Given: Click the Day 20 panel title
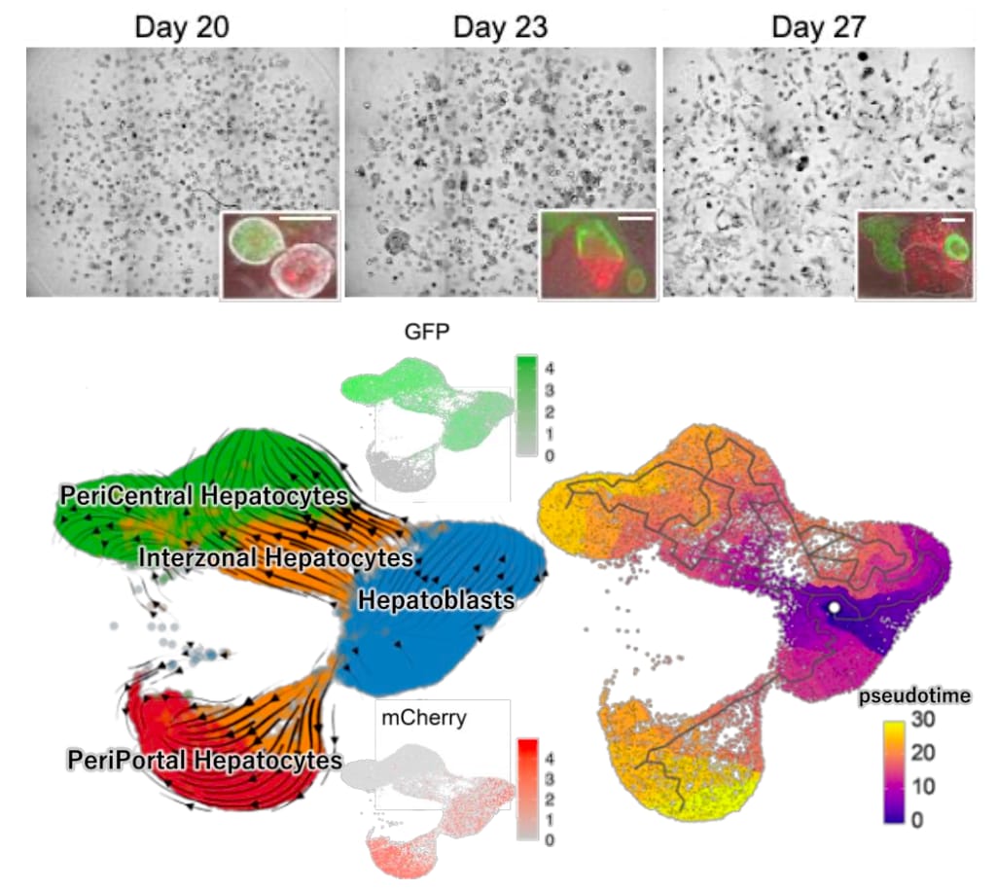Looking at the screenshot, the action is (182, 28).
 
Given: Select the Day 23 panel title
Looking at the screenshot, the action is (500, 28).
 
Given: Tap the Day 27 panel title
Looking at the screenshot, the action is (818, 28).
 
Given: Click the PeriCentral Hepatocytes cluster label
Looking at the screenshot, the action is (203, 496).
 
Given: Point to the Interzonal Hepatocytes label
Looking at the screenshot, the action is (275, 557).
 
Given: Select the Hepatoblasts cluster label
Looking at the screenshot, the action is (437, 600).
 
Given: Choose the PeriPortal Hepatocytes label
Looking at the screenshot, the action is (204, 761).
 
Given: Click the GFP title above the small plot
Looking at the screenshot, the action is (427, 332).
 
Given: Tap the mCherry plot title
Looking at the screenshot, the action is (424, 718).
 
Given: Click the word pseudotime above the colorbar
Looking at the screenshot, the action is (914, 696).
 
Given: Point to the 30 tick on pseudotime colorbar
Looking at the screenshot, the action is (923, 720).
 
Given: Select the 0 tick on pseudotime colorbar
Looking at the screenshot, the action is (916, 820).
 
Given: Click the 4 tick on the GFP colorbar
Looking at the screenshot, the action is (550, 369).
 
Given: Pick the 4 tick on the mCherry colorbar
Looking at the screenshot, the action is (550, 759).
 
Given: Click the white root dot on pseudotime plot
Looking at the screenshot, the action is (834, 608).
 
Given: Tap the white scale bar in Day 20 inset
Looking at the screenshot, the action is (304, 219).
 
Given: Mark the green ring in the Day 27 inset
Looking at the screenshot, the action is (957, 246).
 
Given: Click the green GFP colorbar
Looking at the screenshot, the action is (526, 406).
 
